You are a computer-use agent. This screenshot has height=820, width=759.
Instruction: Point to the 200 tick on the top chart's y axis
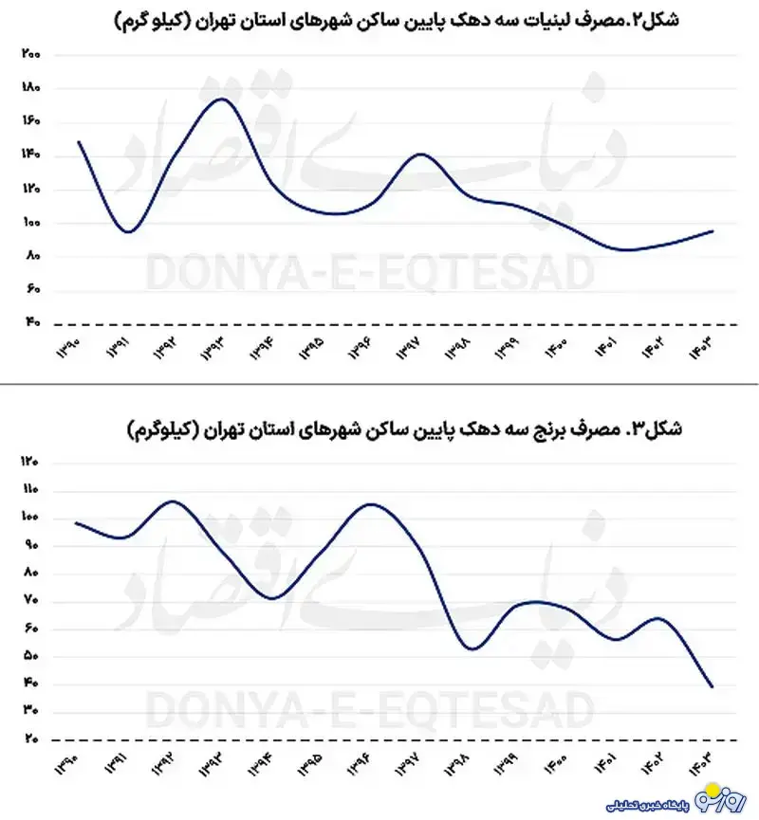coord(29,55)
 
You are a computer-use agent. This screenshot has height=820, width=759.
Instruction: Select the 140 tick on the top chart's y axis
coord(29,155)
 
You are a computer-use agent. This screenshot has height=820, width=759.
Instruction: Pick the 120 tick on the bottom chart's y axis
coord(29,463)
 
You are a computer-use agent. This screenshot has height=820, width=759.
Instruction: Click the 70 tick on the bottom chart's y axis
coord(29,601)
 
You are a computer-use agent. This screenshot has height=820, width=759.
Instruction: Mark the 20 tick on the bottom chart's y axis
coord(29,739)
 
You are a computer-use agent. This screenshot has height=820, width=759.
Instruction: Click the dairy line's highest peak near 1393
coord(221,99)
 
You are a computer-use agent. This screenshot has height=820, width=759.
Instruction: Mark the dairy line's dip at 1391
coord(129,231)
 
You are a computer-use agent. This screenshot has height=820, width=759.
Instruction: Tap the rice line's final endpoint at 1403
coord(712,686)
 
